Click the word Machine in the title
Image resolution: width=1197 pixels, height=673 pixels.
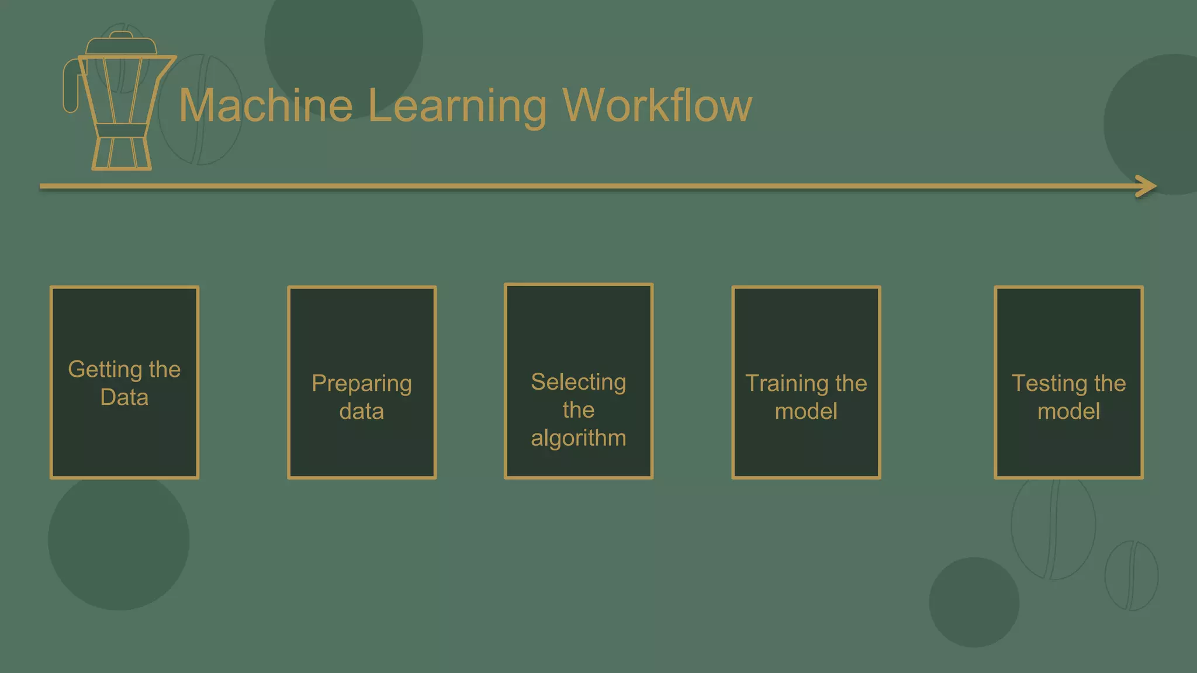[266, 106]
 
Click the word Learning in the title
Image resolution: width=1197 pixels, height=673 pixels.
[457, 107]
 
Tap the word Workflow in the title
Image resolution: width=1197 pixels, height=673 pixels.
[657, 106]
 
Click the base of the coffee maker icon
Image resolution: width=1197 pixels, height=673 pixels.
[122, 153]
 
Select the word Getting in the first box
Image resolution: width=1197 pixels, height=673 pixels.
[105, 370]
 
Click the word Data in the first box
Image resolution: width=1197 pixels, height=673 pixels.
[124, 398]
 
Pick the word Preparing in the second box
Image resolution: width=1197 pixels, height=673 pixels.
[362, 384]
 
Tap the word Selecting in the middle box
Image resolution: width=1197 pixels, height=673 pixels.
[578, 383]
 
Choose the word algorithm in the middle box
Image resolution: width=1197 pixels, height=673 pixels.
[578, 438]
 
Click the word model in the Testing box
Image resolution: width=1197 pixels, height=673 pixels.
[1068, 412]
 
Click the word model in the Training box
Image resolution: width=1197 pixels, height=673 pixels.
[806, 412]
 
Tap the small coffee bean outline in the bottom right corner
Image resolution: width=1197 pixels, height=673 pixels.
[1131, 576]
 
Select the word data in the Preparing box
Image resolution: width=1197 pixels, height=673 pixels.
[362, 412]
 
